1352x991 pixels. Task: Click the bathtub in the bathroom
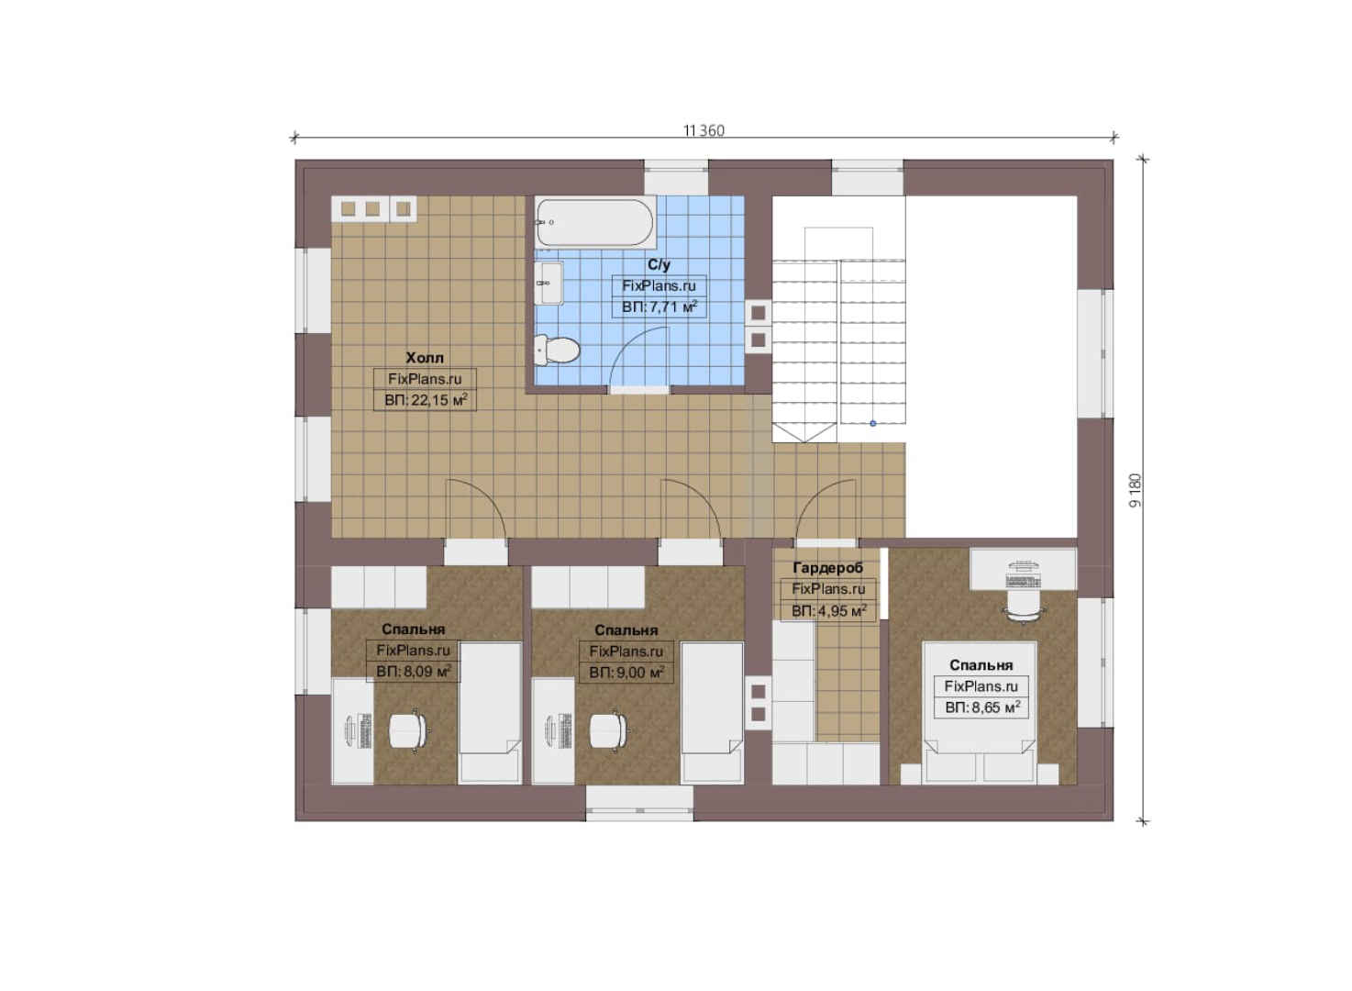[x=595, y=222]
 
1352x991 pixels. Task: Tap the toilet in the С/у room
[x=557, y=351]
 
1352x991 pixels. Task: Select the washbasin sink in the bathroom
[x=549, y=283]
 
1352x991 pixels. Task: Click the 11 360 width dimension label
[x=704, y=130]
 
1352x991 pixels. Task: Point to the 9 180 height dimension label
[x=1136, y=490]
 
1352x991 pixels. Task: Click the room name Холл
[x=425, y=358]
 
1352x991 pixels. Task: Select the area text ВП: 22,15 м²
[x=426, y=400]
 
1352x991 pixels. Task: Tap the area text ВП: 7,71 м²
[x=659, y=306]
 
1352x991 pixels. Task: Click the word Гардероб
[x=828, y=568]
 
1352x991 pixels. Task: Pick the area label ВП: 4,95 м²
[x=828, y=610]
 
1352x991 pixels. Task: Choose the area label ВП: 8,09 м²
[x=414, y=672]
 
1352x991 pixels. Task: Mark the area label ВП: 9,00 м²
[x=626, y=673]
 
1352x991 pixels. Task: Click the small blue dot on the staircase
[x=873, y=423]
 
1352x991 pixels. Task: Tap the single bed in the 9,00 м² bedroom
[x=712, y=713]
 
